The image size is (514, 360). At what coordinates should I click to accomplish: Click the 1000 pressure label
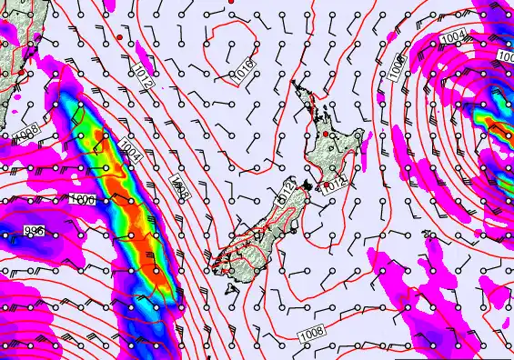(83, 199)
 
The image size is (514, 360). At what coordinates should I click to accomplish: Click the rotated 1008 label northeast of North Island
(398, 65)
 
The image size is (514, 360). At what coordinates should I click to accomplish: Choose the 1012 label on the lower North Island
(335, 182)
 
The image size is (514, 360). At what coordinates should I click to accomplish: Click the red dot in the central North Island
(325, 135)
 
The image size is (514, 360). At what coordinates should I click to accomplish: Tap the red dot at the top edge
(231, 3)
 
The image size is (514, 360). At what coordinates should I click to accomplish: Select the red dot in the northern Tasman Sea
(119, 37)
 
